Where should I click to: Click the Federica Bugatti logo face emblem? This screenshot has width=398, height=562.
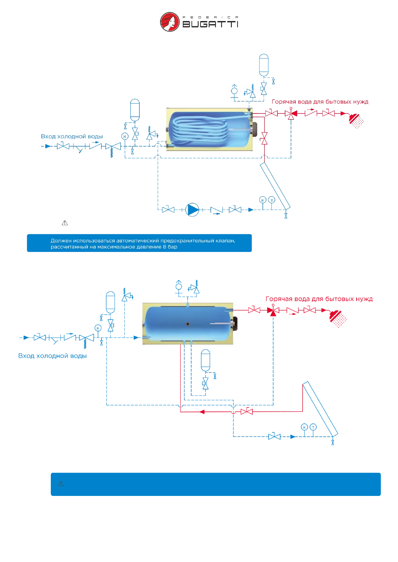tap(170, 22)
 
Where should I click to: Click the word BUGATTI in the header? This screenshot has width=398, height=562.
tap(210, 24)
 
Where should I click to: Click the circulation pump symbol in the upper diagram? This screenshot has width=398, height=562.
tap(192, 210)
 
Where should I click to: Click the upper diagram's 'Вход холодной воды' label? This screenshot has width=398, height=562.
tap(72, 136)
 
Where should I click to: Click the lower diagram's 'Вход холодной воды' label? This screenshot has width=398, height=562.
tap(52, 356)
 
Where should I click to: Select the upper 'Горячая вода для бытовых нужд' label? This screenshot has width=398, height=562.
tap(320, 102)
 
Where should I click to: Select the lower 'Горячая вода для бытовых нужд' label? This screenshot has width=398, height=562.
tap(319, 299)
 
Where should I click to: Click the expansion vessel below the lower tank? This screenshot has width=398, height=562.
tap(206, 360)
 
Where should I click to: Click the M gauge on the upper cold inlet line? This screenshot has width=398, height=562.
tap(125, 136)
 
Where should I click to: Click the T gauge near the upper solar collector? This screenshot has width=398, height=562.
tap(272, 200)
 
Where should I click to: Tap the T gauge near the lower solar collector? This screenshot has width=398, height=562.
tap(313, 427)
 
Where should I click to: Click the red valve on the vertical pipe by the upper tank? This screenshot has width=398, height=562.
tap(264, 138)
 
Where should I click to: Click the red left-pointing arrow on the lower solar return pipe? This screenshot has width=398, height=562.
tap(202, 412)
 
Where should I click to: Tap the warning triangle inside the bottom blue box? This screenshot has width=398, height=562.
tap(61, 484)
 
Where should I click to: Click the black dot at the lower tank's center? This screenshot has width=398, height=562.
tap(188, 324)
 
